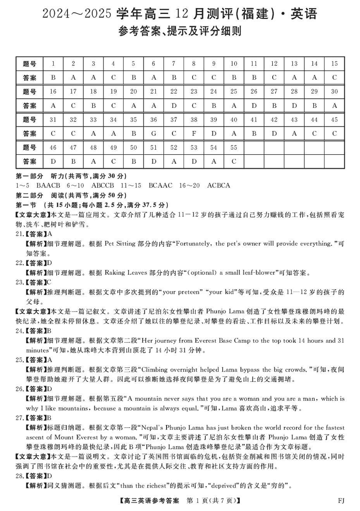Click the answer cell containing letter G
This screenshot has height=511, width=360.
coord(153,134)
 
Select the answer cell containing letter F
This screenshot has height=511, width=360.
coord(193,134)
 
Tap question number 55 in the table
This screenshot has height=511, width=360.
coord(234,148)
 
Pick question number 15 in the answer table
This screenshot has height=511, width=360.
coord(334,63)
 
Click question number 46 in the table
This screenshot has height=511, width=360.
coord(53,148)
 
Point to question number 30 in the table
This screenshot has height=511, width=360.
coord(334,91)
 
